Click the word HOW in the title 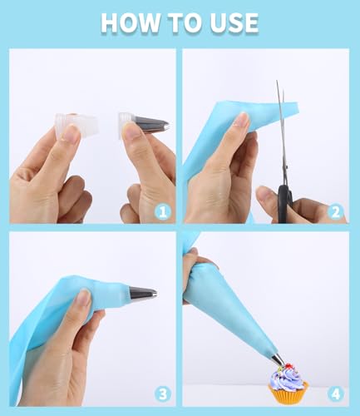pyautogui.click(x=131, y=22)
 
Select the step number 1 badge pyautogui.click(x=163, y=212)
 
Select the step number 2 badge pyautogui.click(x=335, y=212)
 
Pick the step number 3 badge pyautogui.click(x=163, y=394)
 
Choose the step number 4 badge pyautogui.click(x=335, y=394)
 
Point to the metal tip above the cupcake pyautogui.click(x=278, y=359)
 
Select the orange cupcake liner pyautogui.click(x=288, y=393)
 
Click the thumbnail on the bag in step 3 pyautogui.click(x=82, y=299)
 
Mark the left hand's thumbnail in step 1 pyautogui.click(x=68, y=133)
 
